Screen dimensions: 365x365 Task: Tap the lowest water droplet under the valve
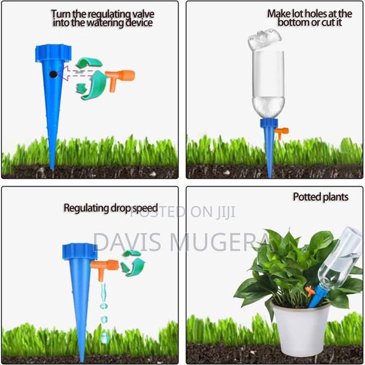104,337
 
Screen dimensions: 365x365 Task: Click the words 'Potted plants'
320,197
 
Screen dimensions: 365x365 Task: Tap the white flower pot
301,327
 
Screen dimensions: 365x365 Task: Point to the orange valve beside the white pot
310,291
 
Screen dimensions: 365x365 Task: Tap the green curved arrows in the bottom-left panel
132,262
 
